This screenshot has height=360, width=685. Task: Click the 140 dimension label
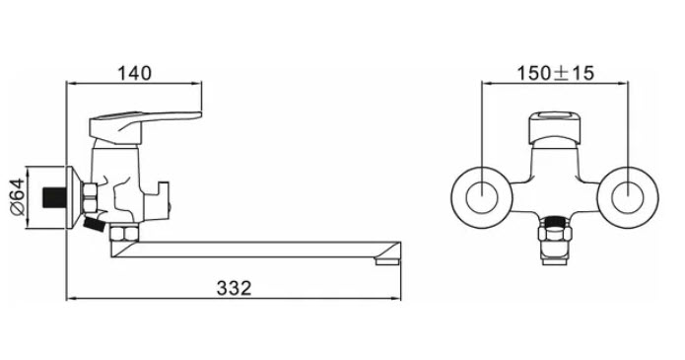pyautogui.click(x=135, y=73)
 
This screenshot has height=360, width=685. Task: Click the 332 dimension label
pyautogui.click(x=235, y=288)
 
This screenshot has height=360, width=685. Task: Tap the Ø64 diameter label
pyautogui.click(x=18, y=196)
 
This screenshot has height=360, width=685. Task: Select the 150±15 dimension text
pyautogui.click(x=556, y=73)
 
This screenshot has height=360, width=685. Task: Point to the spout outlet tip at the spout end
pyautogui.click(x=387, y=260)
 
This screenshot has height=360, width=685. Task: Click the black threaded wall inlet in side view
pyautogui.click(x=54, y=197)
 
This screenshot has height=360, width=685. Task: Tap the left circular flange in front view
pyautogui.click(x=481, y=197)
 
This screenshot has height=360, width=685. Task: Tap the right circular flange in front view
pyautogui.click(x=628, y=197)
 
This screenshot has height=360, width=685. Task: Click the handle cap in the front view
pyautogui.click(x=555, y=128)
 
